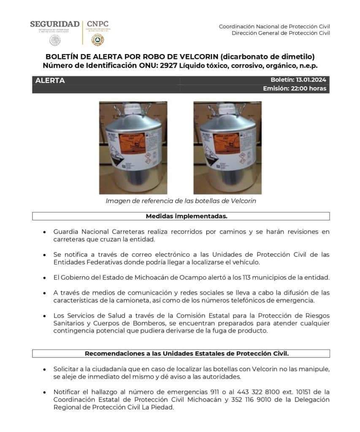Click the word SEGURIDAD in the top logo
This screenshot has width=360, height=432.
54,24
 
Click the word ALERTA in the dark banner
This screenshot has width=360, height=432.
50,81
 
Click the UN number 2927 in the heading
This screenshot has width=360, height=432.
169,66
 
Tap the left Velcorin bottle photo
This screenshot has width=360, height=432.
133,147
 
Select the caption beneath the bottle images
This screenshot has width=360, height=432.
181,201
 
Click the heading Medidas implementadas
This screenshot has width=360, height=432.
181,216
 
